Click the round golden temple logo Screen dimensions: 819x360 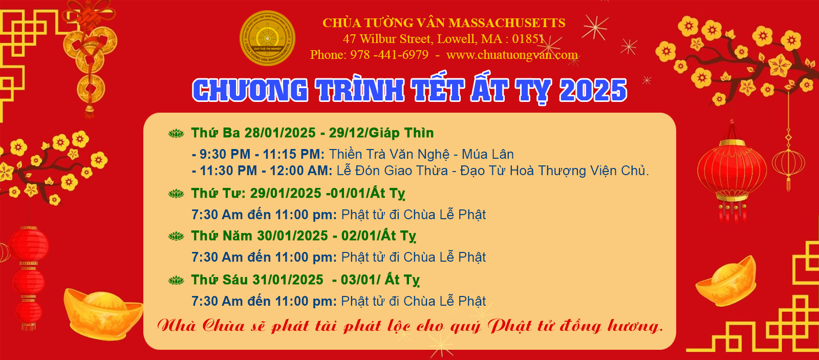click(x=267, y=38)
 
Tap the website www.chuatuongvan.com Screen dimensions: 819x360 click(x=512, y=55)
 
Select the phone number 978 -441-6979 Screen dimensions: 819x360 click(x=390, y=55)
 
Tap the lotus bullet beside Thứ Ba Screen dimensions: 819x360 click(x=176, y=133)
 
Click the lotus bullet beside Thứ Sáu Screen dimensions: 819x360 click(x=176, y=281)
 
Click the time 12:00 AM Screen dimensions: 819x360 click(x=300, y=171)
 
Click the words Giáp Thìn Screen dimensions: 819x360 click(x=401, y=133)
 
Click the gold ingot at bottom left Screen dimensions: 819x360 click(x=103, y=313)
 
